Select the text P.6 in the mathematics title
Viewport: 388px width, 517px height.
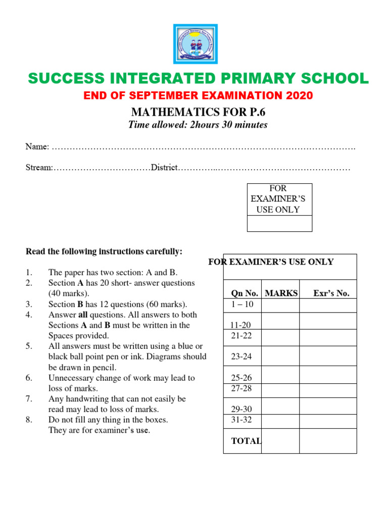[256, 112]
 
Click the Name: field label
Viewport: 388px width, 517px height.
[37, 146]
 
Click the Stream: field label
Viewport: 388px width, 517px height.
[39, 167]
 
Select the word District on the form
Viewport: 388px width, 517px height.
[164, 167]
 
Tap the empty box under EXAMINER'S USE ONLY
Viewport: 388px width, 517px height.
[279, 223]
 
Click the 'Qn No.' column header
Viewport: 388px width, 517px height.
[245, 293]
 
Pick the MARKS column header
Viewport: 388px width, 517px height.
[281, 293]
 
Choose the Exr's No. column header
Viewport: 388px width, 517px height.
[331, 293]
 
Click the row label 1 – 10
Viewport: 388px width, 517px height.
[243, 304]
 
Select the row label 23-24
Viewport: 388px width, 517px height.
[242, 356]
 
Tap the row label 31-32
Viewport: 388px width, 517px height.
[242, 420]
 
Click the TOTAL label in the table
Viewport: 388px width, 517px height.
[246, 441]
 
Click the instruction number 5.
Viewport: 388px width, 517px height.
[29, 346]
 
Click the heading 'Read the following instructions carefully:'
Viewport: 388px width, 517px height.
[104, 251]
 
